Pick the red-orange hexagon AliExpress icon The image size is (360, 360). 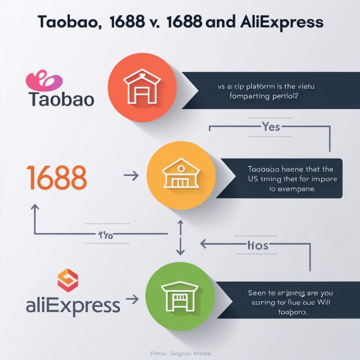[68, 280]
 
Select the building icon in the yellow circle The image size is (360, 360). [181, 174]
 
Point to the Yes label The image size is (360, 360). [271, 127]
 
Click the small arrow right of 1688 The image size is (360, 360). [131, 176]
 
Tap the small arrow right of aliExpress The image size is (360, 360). [132, 299]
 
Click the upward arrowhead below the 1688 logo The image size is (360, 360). [35, 207]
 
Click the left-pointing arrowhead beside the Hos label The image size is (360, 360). [204, 243]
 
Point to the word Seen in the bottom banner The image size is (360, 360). [257, 292]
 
